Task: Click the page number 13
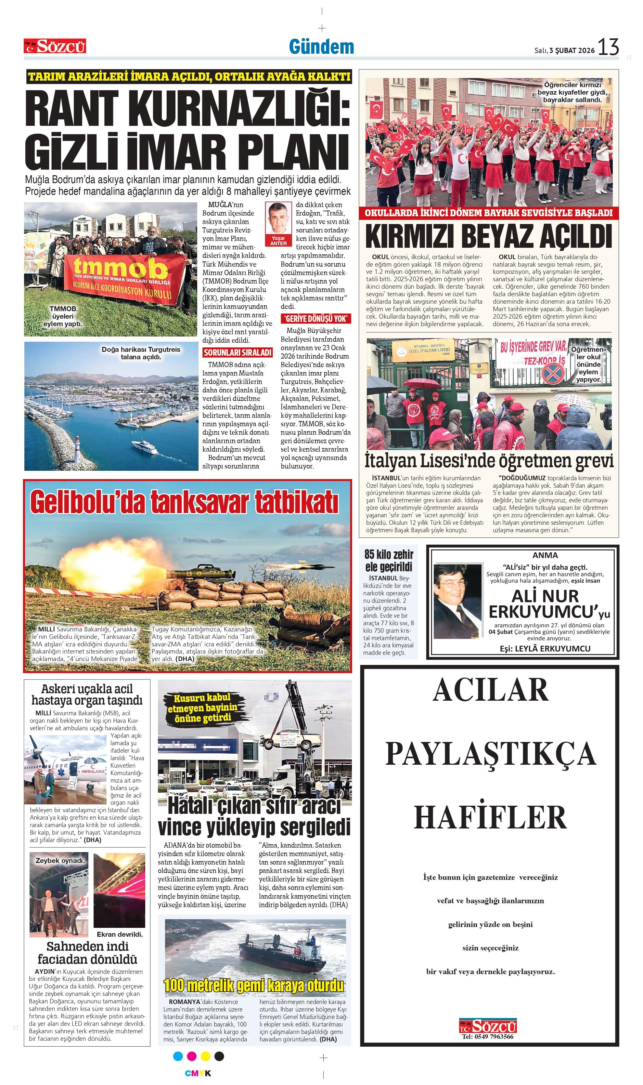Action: [608, 47]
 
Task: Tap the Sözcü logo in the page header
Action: [55, 46]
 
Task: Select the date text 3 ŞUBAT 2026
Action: [572, 50]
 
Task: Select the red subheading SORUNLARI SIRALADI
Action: [238, 353]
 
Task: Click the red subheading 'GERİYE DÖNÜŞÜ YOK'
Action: [315, 319]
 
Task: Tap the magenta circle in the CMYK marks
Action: [191, 1056]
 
